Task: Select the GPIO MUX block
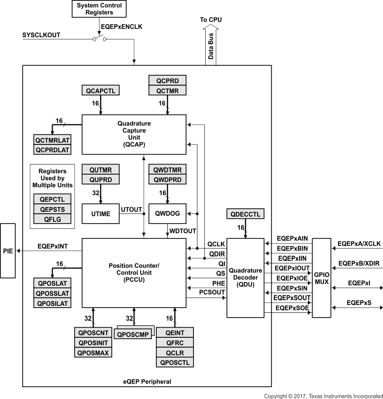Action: pos(322,278)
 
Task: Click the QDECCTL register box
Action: pos(245,214)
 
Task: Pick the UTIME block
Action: pos(101,213)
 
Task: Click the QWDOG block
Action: pos(167,213)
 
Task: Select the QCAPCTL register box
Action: pos(100,91)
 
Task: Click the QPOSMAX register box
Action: pos(93,353)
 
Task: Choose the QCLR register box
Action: pos(175,353)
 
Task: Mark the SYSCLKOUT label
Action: pos(41,34)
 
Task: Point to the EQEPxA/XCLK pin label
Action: pos(359,244)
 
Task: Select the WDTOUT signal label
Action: pos(183,231)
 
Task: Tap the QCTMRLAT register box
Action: pos(52,140)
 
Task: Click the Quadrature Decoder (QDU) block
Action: pos(245,277)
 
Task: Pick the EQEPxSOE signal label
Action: pos(291,308)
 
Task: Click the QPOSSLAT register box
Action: pos(52,293)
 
